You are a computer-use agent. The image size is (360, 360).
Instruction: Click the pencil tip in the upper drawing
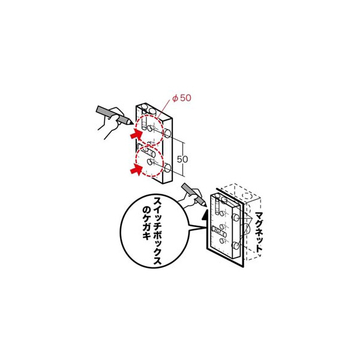pos(131,123)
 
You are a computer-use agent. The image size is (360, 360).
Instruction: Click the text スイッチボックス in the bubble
pos(157,230)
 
